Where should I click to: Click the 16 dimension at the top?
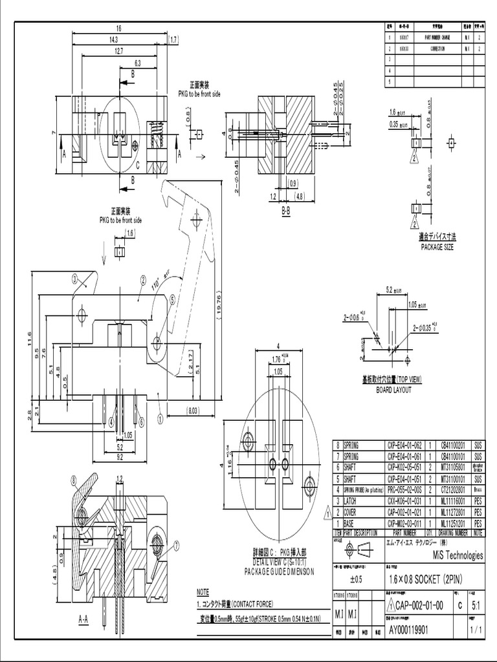[x=118, y=29]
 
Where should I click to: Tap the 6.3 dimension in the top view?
[x=137, y=63]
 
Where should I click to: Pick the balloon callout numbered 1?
[x=159, y=419]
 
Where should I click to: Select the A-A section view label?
[x=83, y=619]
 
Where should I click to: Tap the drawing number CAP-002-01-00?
[x=418, y=605]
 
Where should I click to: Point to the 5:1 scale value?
[x=476, y=606]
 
